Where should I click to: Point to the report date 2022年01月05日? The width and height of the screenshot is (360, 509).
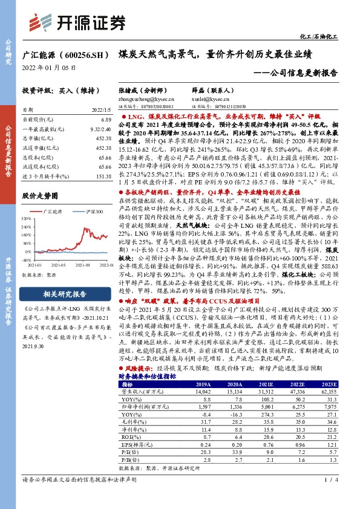click(48, 68)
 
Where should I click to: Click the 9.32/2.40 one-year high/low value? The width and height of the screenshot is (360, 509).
click(100, 129)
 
